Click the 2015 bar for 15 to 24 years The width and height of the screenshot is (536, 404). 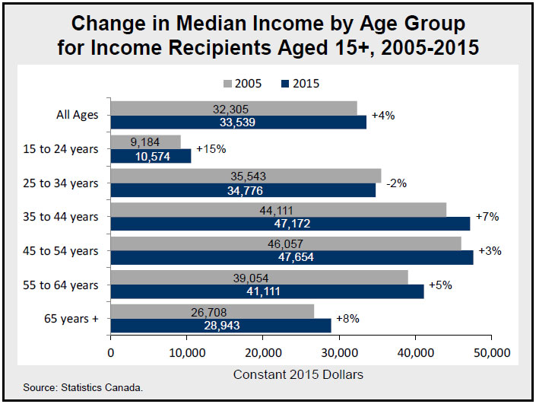pyautogui.click(x=151, y=156)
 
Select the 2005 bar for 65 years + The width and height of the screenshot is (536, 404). pyautogui.click(x=212, y=311)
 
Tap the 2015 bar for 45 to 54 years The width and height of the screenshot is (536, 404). pyautogui.click(x=292, y=257)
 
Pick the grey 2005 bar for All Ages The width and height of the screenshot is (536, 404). pyautogui.click(x=233, y=109)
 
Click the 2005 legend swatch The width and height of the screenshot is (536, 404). pyautogui.click(x=229, y=83)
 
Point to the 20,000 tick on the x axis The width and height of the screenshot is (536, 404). pyautogui.click(x=263, y=352)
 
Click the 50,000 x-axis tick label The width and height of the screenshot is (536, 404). pyautogui.click(x=491, y=352)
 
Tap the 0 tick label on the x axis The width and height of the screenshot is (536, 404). pyautogui.click(x=111, y=352)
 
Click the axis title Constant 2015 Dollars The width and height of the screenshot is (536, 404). pyautogui.click(x=298, y=374)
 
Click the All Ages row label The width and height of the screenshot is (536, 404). pyautogui.click(x=77, y=116)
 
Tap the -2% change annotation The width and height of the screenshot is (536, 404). pyautogui.click(x=396, y=183)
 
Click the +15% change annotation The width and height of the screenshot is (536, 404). pyautogui.click(x=210, y=149)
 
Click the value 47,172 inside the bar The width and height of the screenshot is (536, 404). pyautogui.click(x=293, y=224)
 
